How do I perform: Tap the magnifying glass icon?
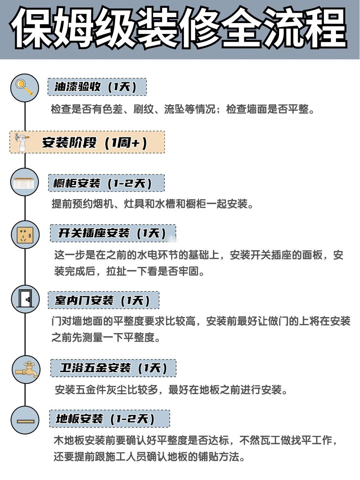tap(25, 88)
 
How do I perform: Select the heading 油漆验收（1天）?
tap(95, 87)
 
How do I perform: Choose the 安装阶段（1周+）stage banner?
tap(87, 142)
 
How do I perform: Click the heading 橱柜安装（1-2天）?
tap(102, 183)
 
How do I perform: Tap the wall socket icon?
tap(25, 234)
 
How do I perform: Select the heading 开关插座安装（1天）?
tap(112, 233)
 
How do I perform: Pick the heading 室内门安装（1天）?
tap(102, 300)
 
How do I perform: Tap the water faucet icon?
tap(27, 369)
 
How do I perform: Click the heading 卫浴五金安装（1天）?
tap(113, 368)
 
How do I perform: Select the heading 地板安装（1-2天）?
tap(105, 419)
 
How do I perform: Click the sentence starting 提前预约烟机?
tap(152, 204)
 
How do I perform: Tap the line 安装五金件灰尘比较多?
tap(171, 390)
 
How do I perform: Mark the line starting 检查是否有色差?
tap(183, 109)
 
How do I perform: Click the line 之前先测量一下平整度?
tap(106, 337)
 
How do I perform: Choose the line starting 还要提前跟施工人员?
tap(149, 457)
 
